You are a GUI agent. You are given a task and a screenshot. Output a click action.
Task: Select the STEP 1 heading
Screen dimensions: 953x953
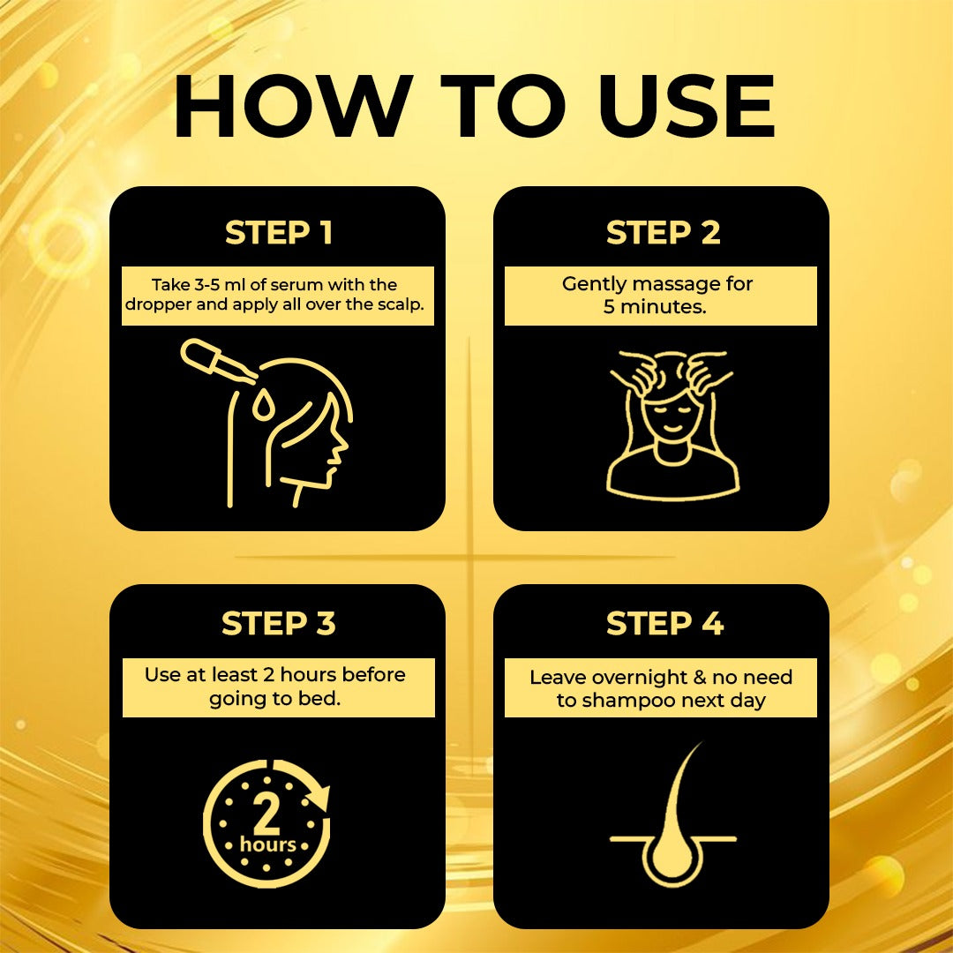(x=278, y=233)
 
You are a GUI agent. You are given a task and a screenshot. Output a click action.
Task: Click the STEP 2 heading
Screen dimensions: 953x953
(x=663, y=233)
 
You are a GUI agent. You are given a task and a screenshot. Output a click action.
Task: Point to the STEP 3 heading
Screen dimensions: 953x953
(x=278, y=624)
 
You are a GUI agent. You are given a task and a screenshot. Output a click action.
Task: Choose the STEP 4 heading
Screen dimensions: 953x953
(x=664, y=624)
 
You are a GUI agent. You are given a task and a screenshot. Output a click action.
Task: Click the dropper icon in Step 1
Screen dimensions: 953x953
(x=216, y=364)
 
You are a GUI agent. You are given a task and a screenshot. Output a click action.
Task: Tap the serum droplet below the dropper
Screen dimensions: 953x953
(x=262, y=407)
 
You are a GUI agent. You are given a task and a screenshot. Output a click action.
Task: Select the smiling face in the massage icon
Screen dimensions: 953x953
(x=672, y=415)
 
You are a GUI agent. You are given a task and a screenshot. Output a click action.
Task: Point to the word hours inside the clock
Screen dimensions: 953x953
(x=267, y=845)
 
